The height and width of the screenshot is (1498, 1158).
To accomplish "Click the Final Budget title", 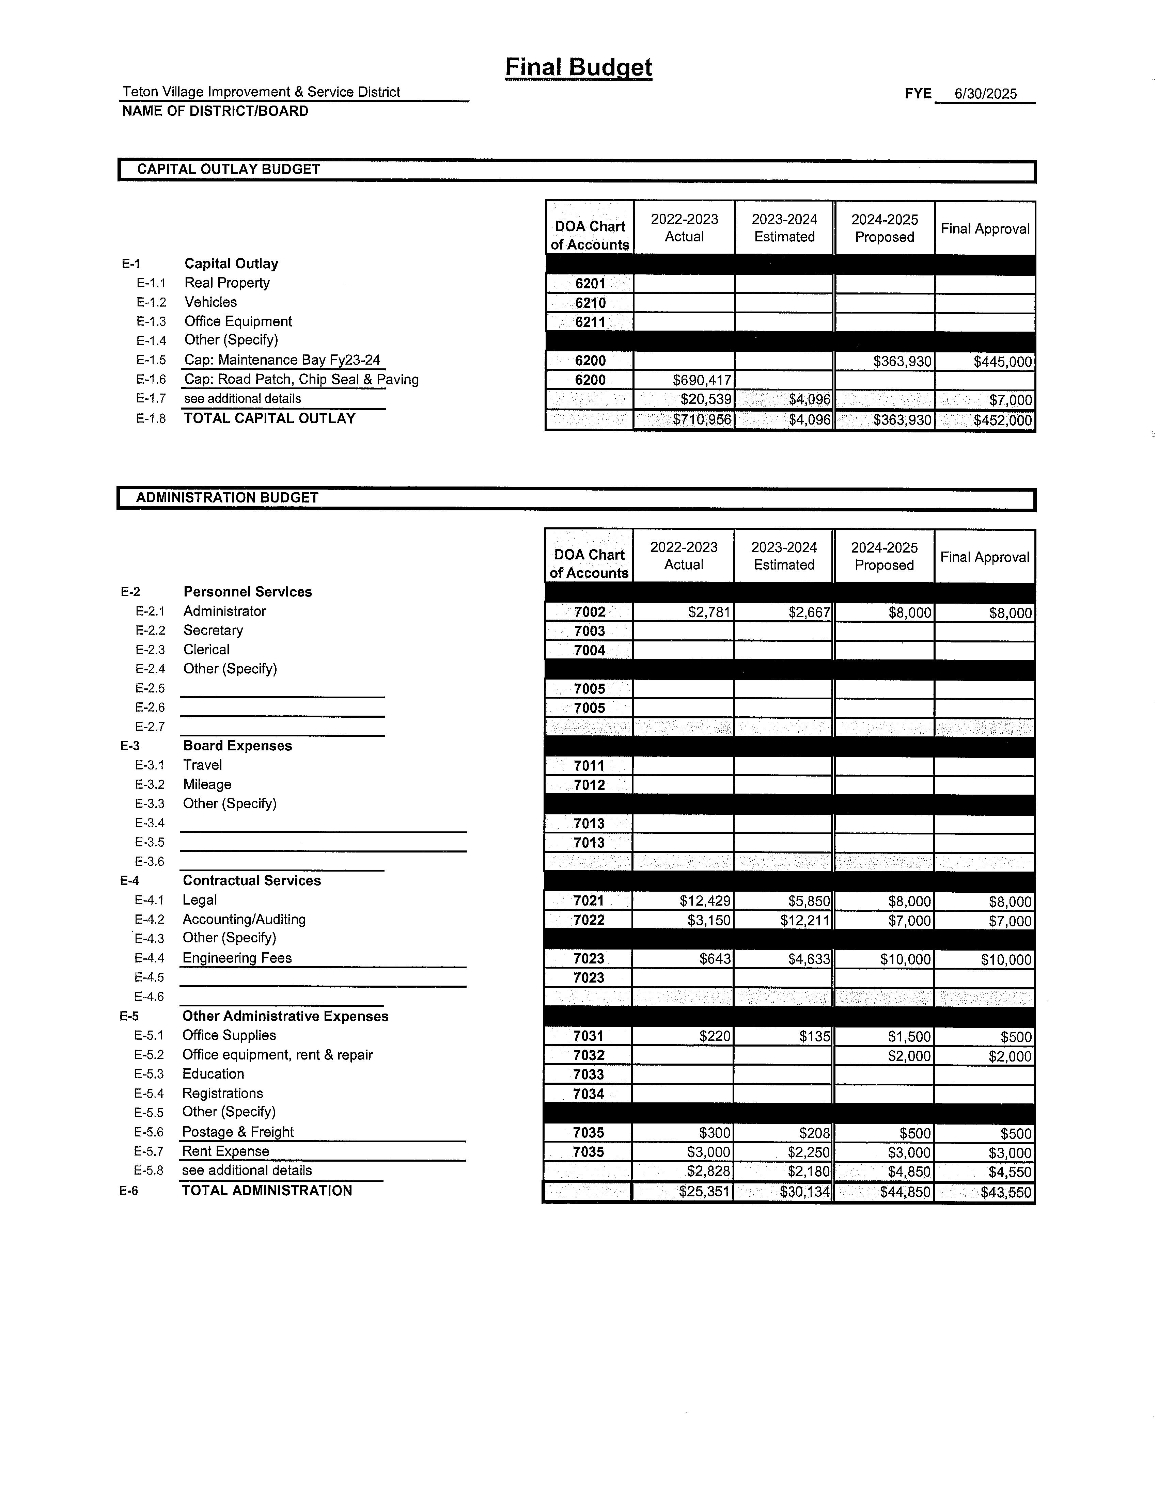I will [x=578, y=67].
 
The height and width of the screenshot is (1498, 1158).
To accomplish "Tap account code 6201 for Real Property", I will [x=590, y=283].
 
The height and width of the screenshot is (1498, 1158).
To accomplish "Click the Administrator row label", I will [x=224, y=611].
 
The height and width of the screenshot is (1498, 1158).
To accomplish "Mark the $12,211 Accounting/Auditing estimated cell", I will [x=805, y=920].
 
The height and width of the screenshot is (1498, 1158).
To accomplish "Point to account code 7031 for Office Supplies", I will [x=589, y=1036].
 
